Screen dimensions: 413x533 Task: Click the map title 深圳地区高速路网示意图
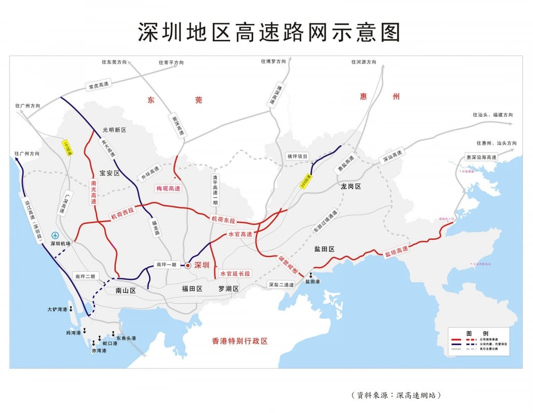[x=269, y=31]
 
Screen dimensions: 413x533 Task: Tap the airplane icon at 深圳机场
[x=55, y=235]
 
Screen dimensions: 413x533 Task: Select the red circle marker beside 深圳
[x=188, y=265]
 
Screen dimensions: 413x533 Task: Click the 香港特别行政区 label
[x=239, y=341]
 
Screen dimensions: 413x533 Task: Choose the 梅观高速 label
[x=168, y=188]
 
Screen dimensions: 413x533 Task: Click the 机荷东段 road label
[x=223, y=220]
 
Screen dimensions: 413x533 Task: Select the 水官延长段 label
[x=235, y=273]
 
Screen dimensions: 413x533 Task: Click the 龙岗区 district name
[x=350, y=186]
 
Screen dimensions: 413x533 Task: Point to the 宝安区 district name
[x=109, y=173]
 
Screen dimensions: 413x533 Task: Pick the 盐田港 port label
[x=312, y=281]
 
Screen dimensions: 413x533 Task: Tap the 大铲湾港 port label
[x=57, y=309]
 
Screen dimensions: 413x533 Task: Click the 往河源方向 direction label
[x=364, y=62]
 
